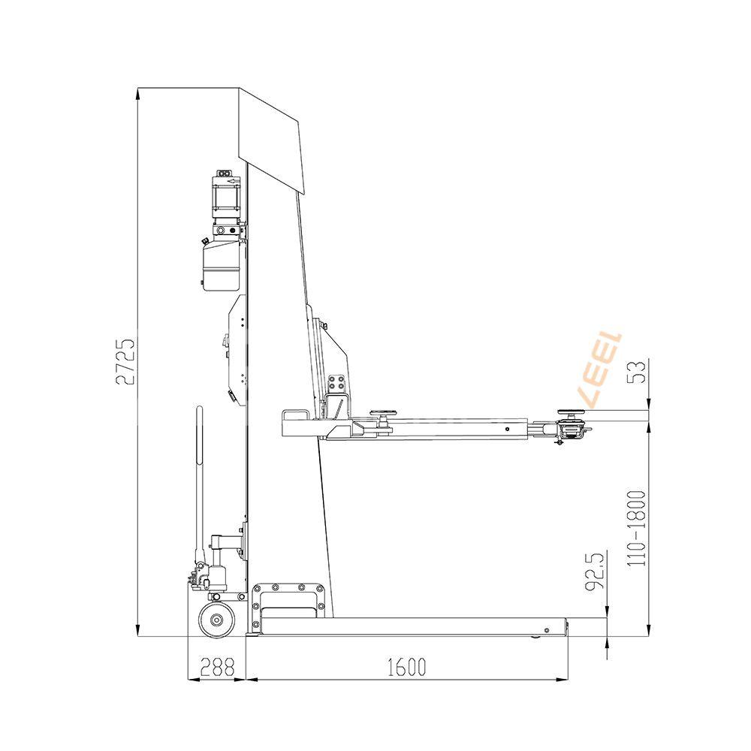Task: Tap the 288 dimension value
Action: click(218, 667)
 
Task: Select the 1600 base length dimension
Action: click(406, 667)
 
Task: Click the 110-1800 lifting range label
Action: click(637, 528)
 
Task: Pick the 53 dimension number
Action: click(637, 372)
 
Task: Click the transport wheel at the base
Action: click(217, 620)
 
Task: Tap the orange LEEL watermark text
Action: click(599, 369)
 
